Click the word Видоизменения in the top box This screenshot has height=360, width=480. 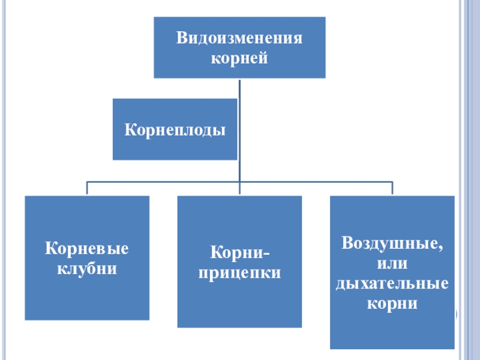[239, 40]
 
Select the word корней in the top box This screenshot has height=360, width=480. [239, 59]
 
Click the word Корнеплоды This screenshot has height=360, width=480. [175, 129]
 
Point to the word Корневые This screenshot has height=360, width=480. [87, 248]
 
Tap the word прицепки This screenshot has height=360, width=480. [239, 272]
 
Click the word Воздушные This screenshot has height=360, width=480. [391, 244]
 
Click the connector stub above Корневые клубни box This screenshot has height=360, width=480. [87, 188]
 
